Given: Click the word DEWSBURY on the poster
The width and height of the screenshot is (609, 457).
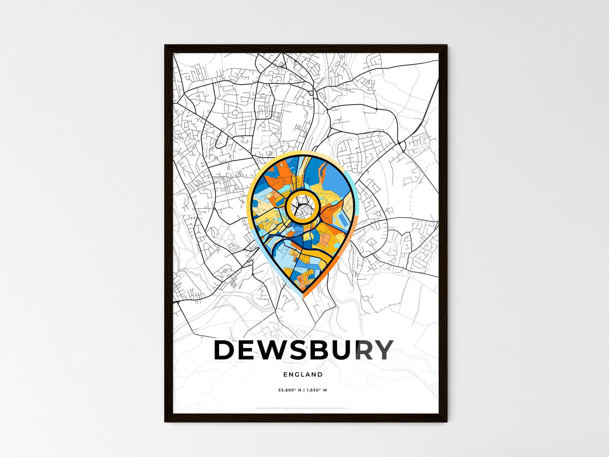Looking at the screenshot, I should tap(303, 350).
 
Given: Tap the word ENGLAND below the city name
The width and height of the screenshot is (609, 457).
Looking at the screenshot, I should tap(303, 374).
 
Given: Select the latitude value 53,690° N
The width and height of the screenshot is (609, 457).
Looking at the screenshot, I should tap(290, 390).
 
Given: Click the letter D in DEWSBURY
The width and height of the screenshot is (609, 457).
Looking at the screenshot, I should tap(225, 350).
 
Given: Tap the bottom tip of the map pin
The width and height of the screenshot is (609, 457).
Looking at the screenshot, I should tap(303, 296).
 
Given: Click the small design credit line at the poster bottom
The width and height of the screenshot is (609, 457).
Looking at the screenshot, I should tap(303, 408).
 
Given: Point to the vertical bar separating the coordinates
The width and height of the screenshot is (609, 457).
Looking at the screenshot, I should tap(303, 390).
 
